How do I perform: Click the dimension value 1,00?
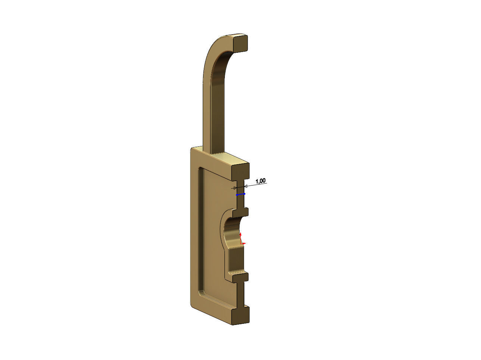tap(261, 181)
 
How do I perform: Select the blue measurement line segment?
tap(240, 194)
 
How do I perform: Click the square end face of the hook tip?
tap(241, 42)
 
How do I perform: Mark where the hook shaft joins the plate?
tap(214, 151)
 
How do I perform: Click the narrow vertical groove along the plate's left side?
tap(200, 229)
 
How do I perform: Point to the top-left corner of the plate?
tap(193, 149)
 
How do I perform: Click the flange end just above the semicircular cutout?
tap(241, 212)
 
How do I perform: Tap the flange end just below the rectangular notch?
tap(241, 277)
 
